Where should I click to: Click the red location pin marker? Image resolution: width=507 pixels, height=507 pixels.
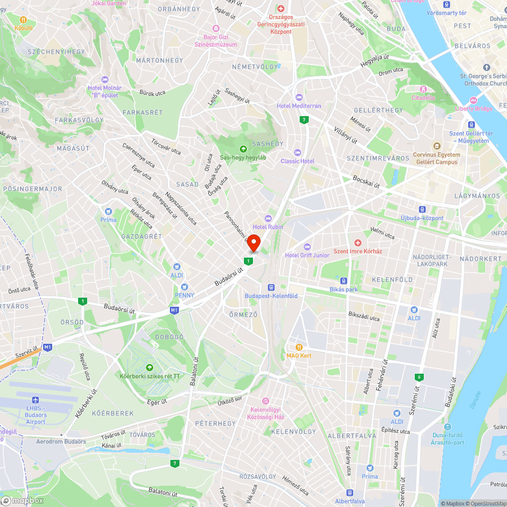point(253,242)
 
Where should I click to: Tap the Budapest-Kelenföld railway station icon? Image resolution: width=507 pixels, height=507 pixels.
point(271,287)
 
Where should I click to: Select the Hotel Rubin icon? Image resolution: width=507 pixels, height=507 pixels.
point(268,218)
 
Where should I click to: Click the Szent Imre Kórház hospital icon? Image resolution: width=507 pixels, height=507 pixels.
point(358,243)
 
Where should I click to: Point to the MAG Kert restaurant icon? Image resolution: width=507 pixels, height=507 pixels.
point(299,347)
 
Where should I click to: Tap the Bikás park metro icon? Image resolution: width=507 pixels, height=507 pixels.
point(344,281)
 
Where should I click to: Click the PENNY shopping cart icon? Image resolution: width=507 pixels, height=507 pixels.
point(185,287)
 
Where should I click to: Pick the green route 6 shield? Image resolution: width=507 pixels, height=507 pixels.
point(419,377)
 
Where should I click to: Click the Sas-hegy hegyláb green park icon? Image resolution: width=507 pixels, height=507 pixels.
point(243,149)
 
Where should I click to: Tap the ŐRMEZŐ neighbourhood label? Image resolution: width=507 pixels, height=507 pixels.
point(244,315)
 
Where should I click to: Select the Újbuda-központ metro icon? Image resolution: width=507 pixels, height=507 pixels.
point(422,209)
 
